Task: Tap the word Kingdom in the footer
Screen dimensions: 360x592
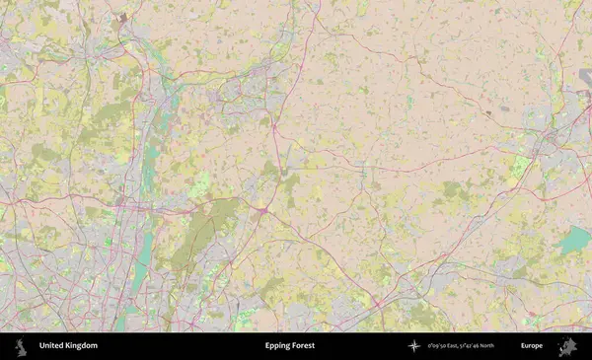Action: [x=82, y=346]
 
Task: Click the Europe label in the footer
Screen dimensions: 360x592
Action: [x=532, y=346]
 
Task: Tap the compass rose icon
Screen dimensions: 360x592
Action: [x=414, y=346]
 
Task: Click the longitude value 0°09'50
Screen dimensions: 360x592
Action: [x=437, y=346]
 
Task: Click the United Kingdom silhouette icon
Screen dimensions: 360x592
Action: [x=19, y=346]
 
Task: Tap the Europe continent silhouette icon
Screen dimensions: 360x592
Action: [x=566, y=346]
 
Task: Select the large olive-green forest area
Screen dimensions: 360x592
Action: [x=202, y=232]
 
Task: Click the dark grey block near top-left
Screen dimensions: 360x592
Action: [x=122, y=18]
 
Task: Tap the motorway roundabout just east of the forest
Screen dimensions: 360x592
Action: [x=262, y=210]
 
